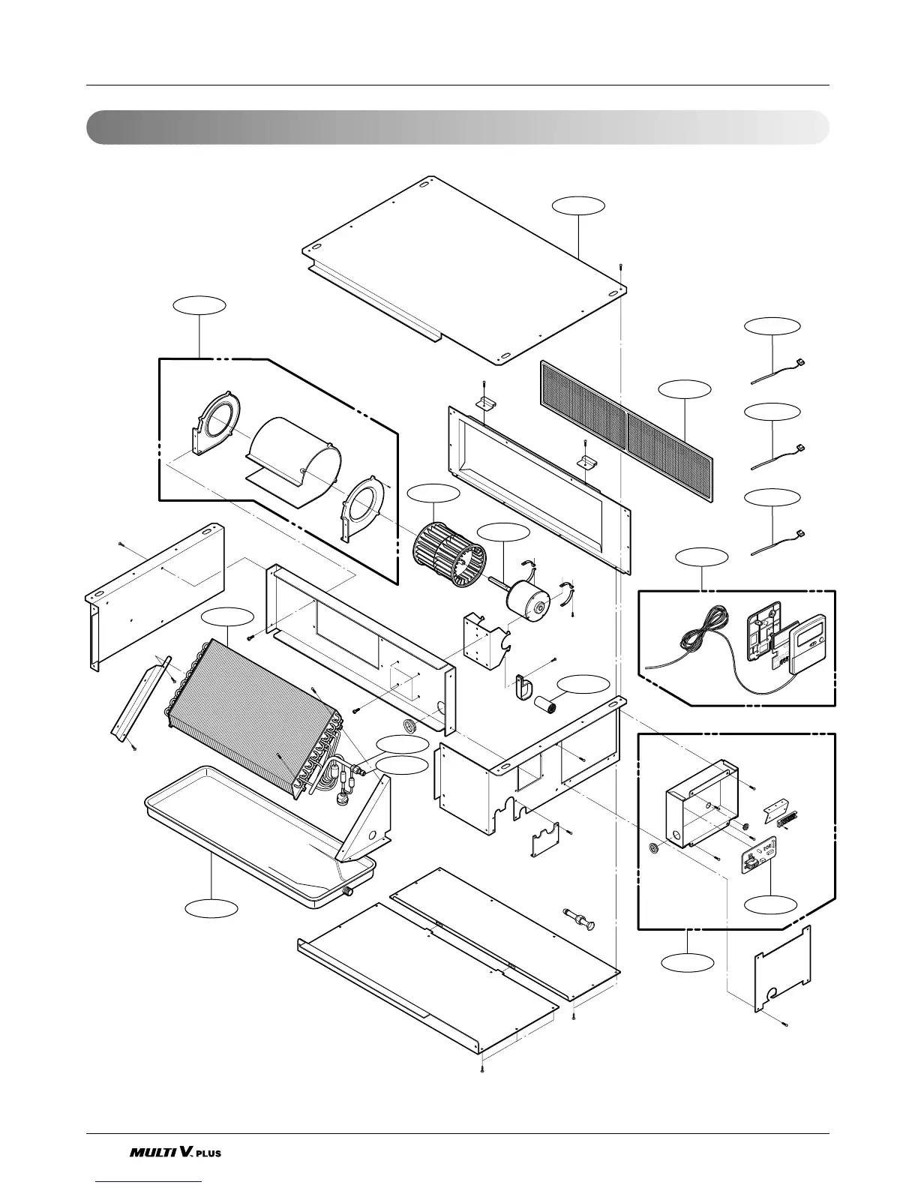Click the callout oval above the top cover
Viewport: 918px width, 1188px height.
(578, 205)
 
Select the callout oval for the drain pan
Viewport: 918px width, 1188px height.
(212, 907)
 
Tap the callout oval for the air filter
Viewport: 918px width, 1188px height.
(684, 388)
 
